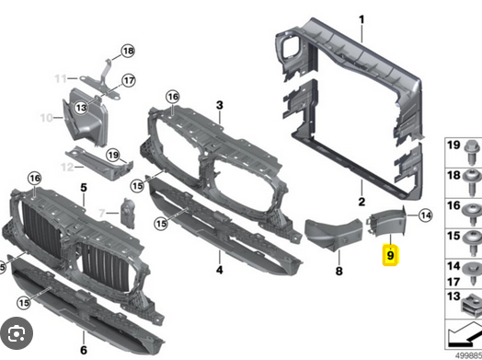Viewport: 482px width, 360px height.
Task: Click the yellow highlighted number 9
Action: tap(390, 255)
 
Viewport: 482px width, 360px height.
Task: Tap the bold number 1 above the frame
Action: tap(361, 19)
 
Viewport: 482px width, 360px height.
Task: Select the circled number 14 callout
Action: tap(426, 215)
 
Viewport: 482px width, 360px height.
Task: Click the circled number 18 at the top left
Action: tap(128, 51)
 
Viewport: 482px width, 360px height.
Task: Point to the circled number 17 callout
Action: tap(129, 81)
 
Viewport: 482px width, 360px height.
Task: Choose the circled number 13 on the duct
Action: tap(81, 108)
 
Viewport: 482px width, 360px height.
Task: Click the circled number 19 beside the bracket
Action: tap(113, 155)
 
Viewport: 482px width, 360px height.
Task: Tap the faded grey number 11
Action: tap(61, 79)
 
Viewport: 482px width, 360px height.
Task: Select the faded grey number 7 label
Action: tap(102, 213)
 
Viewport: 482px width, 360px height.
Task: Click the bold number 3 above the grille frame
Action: tap(219, 105)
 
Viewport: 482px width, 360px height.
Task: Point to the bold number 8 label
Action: tap(339, 271)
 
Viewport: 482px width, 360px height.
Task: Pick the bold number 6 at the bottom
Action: tap(84, 350)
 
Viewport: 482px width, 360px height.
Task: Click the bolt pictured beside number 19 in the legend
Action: tap(473, 153)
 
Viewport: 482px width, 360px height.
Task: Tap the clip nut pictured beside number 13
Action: tap(472, 305)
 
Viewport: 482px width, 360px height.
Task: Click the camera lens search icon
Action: tap(17, 333)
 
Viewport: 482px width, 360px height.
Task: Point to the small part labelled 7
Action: tap(128, 214)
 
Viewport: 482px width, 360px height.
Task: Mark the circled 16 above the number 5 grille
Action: tap(34, 178)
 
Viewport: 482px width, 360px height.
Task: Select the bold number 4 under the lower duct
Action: tap(219, 270)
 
